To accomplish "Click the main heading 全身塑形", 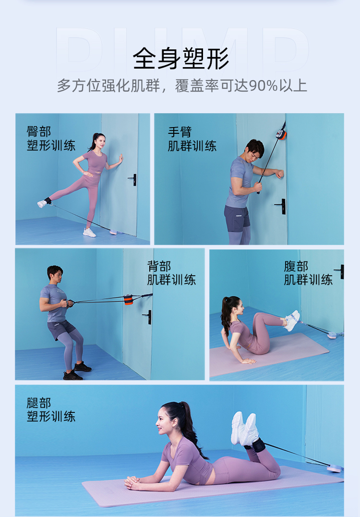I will pyautogui.click(x=180, y=59).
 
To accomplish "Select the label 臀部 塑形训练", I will pyautogui.click(x=51, y=138).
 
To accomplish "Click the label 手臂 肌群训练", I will pyautogui.click(x=192, y=138).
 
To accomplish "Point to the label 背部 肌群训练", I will pyautogui.click(x=171, y=272).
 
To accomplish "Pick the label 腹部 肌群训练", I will pyautogui.click(x=308, y=272).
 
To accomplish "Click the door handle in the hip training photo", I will pyautogui.click(x=133, y=179).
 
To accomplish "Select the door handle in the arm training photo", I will pyautogui.click(x=281, y=206).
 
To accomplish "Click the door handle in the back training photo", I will pyautogui.click(x=148, y=316).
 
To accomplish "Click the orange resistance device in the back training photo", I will pyautogui.click(x=129, y=299).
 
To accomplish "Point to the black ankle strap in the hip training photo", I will pyautogui.click(x=48, y=200).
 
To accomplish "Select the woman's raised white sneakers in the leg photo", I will pyautogui.click(x=244, y=428).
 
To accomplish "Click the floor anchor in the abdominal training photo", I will pyautogui.click(x=332, y=335).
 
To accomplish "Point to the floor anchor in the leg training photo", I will pyautogui.click(x=335, y=468).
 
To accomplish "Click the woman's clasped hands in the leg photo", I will pyautogui.click(x=132, y=482).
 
